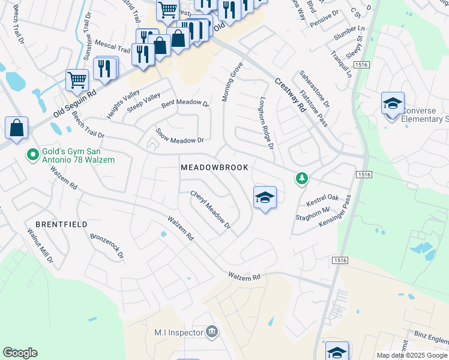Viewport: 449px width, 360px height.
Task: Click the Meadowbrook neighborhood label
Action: coord(214,167)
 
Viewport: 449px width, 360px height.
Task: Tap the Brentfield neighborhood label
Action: coord(61,224)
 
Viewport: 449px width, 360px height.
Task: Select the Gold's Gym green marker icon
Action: coord(33,155)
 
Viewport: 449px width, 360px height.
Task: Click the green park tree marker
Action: coord(301,178)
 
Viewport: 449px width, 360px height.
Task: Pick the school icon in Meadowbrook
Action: coord(265,197)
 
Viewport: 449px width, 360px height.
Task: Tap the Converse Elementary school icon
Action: coord(392,103)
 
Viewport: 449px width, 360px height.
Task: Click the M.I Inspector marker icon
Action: coord(211,332)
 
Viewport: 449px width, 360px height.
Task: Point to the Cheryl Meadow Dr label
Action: coord(211,209)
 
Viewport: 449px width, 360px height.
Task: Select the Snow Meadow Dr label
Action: coord(179,135)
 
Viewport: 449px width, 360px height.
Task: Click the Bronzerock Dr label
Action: coord(107,245)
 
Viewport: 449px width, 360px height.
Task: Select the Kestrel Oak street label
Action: coord(323,197)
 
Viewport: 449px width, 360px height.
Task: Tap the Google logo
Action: coord(20,353)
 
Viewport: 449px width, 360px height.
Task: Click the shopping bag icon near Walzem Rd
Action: coord(16,128)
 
